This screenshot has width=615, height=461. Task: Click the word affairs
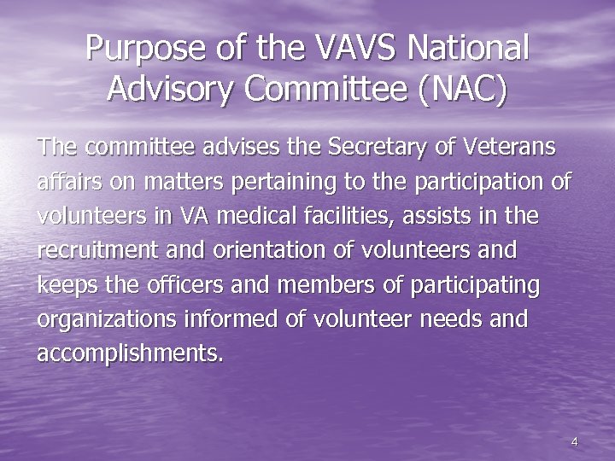(x=68, y=182)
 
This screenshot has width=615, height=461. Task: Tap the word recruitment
(x=92, y=251)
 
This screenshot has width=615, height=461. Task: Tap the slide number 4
(x=575, y=441)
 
